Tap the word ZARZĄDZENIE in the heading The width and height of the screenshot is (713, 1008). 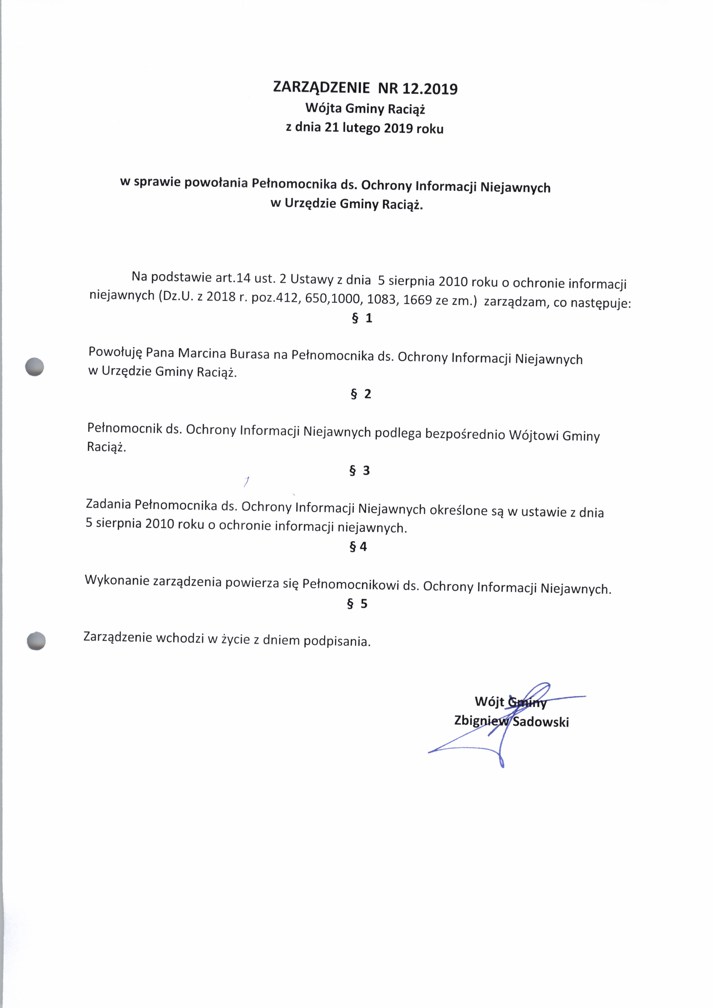321,87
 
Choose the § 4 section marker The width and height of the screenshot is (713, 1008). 358,547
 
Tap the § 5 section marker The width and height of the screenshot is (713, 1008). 357,604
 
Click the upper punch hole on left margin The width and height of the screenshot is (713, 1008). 35,366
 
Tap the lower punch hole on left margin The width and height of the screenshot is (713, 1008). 36,641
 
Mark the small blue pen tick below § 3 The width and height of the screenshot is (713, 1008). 247,482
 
